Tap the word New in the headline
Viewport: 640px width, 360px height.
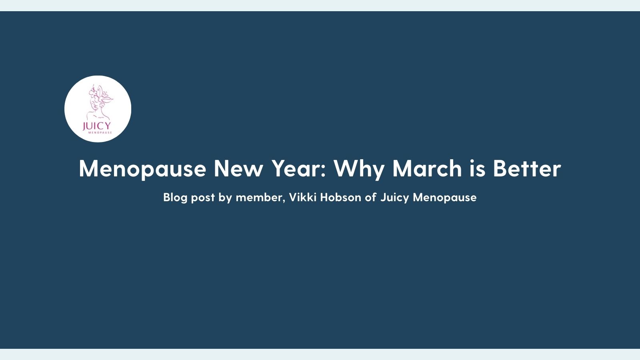pyautogui.click(x=238, y=168)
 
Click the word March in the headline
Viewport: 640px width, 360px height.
pyautogui.click(x=427, y=168)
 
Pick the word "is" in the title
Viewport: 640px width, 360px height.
pyautogui.click(x=477, y=168)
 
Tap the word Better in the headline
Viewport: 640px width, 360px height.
pyautogui.click(x=527, y=168)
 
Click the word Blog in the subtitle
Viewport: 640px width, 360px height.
pyautogui.click(x=175, y=198)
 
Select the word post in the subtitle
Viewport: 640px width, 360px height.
pyautogui.click(x=203, y=198)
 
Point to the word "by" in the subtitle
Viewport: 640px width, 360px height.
pyautogui.click(x=225, y=198)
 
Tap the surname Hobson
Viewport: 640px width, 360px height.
pyautogui.click(x=340, y=197)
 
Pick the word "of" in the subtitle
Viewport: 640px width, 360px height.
pyautogui.click(x=370, y=197)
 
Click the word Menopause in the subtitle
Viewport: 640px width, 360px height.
pyautogui.click(x=444, y=198)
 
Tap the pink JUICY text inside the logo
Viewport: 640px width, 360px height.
pyautogui.click(x=96, y=126)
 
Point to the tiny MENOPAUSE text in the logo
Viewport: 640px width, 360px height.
pyautogui.click(x=100, y=132)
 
